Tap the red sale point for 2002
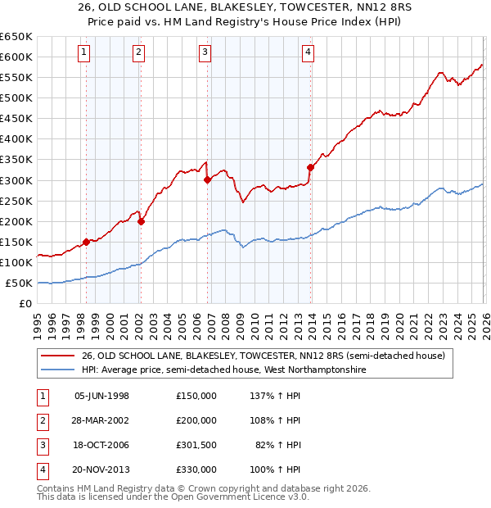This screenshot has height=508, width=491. point(141,220)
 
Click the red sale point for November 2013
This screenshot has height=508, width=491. point(310,167)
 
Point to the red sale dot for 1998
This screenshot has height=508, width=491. point(86,242)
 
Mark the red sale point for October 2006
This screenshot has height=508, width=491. point(207,179)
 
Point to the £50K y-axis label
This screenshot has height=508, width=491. point(18,283)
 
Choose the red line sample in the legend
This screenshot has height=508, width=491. point(58,356)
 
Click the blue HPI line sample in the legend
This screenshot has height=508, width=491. point(58,370)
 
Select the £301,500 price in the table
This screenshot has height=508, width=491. point(196,445)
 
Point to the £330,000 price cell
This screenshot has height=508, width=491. point(196,469)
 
